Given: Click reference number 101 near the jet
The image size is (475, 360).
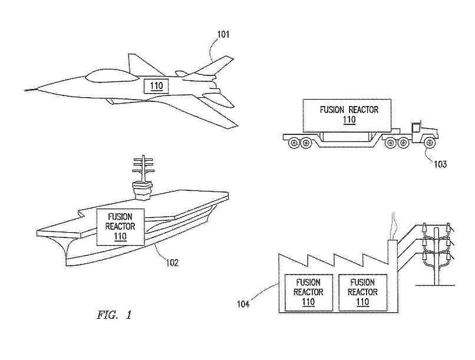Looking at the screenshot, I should [x=223, y=34].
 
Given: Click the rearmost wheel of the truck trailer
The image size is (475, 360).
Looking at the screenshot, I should [x=291, y=141].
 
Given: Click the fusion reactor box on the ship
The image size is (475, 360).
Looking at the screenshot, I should [x=120, y=227].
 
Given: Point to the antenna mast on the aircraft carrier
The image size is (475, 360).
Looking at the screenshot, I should [x=142, y=171].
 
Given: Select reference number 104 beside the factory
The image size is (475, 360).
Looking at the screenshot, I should [x=243, y=304].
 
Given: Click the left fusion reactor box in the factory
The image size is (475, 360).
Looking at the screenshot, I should [x=308, y=292].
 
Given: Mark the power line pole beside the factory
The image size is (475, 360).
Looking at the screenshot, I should [x=437, y=253].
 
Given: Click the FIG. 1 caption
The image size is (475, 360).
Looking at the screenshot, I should [x=114, y=315].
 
